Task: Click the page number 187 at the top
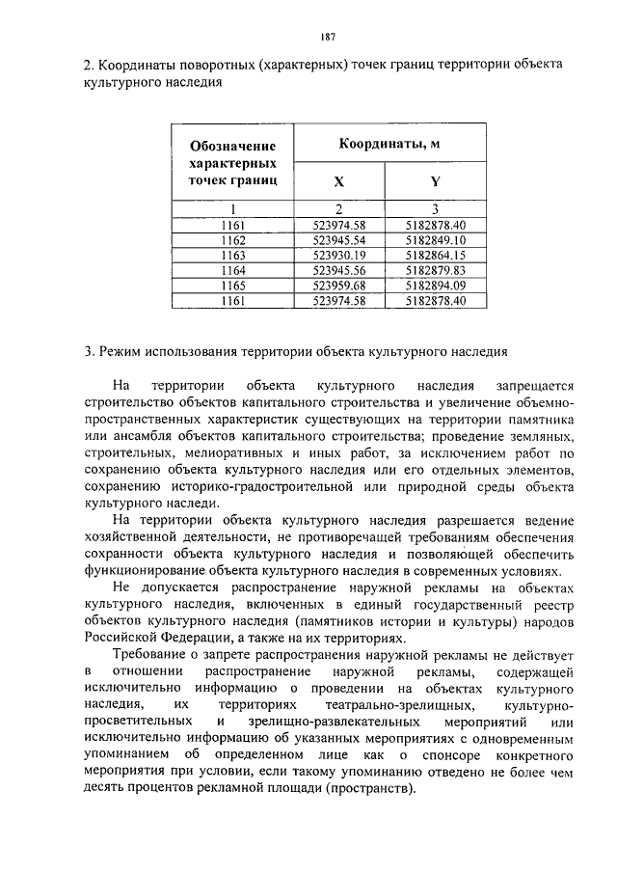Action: (x=327, y=37)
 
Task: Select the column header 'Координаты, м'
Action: (x=389, y=144)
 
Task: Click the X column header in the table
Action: (x=338, y=181)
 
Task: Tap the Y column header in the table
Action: (x=436, y=181)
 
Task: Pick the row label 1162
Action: (x=233, y=239)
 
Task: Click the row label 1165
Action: (x=233, y=286)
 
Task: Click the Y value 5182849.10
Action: (x=436, y=239)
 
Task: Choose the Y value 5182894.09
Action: (x=436, y=286)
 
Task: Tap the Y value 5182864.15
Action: (x=436, y=255)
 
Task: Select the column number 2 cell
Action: (x=338, y=208)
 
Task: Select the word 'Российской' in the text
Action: (x=121, y=637)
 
